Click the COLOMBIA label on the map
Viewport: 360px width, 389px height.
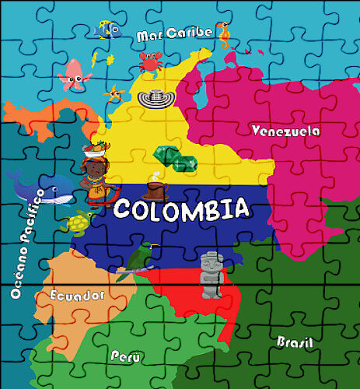coord(183,209)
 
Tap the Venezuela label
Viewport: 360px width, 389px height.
coord(286,131)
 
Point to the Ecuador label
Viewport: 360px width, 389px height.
coord(76,296)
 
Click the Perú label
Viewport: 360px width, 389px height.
coord(125,356)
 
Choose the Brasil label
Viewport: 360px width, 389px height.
coord(295,342)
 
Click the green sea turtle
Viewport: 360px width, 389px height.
coord(79,223)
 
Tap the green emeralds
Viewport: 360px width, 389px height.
coord(176,159)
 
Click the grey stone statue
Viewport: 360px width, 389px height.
coord(211,275)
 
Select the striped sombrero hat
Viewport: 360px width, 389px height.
coord(152,97)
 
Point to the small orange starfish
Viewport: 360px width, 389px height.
coord(115,93)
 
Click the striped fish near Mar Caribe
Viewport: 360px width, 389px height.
coord(107,30)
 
